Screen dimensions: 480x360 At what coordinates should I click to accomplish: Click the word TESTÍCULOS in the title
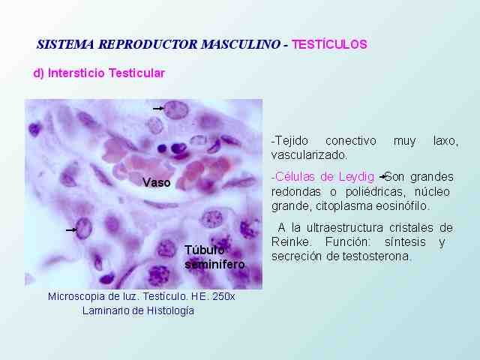click(x=329, y=44)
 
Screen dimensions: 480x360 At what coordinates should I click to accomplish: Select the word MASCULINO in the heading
click(x=241, y=44)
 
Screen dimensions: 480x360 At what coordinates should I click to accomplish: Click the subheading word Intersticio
click(x=76, y=73)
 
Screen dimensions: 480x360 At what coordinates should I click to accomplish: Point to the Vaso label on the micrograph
click(x=157, y=183)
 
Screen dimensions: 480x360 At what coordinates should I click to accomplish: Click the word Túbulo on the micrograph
click(x=205, y=250)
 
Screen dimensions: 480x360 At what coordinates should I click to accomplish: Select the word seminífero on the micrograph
click(x=215, y=265)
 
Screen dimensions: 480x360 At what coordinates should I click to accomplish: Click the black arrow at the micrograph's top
click(x=158, y=108)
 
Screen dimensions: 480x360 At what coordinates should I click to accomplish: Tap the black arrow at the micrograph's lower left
click(x=71, y=229)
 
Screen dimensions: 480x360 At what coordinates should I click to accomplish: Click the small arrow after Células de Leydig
click(x=382, y=177)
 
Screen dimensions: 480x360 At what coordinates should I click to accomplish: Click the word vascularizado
click(x=309, y=155)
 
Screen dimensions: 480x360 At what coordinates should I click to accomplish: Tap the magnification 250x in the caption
click(x=223, y=296)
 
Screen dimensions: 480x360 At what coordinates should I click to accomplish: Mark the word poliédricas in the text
click(x=373, y=192)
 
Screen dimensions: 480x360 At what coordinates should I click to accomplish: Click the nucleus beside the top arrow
click(x=175, y=110)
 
